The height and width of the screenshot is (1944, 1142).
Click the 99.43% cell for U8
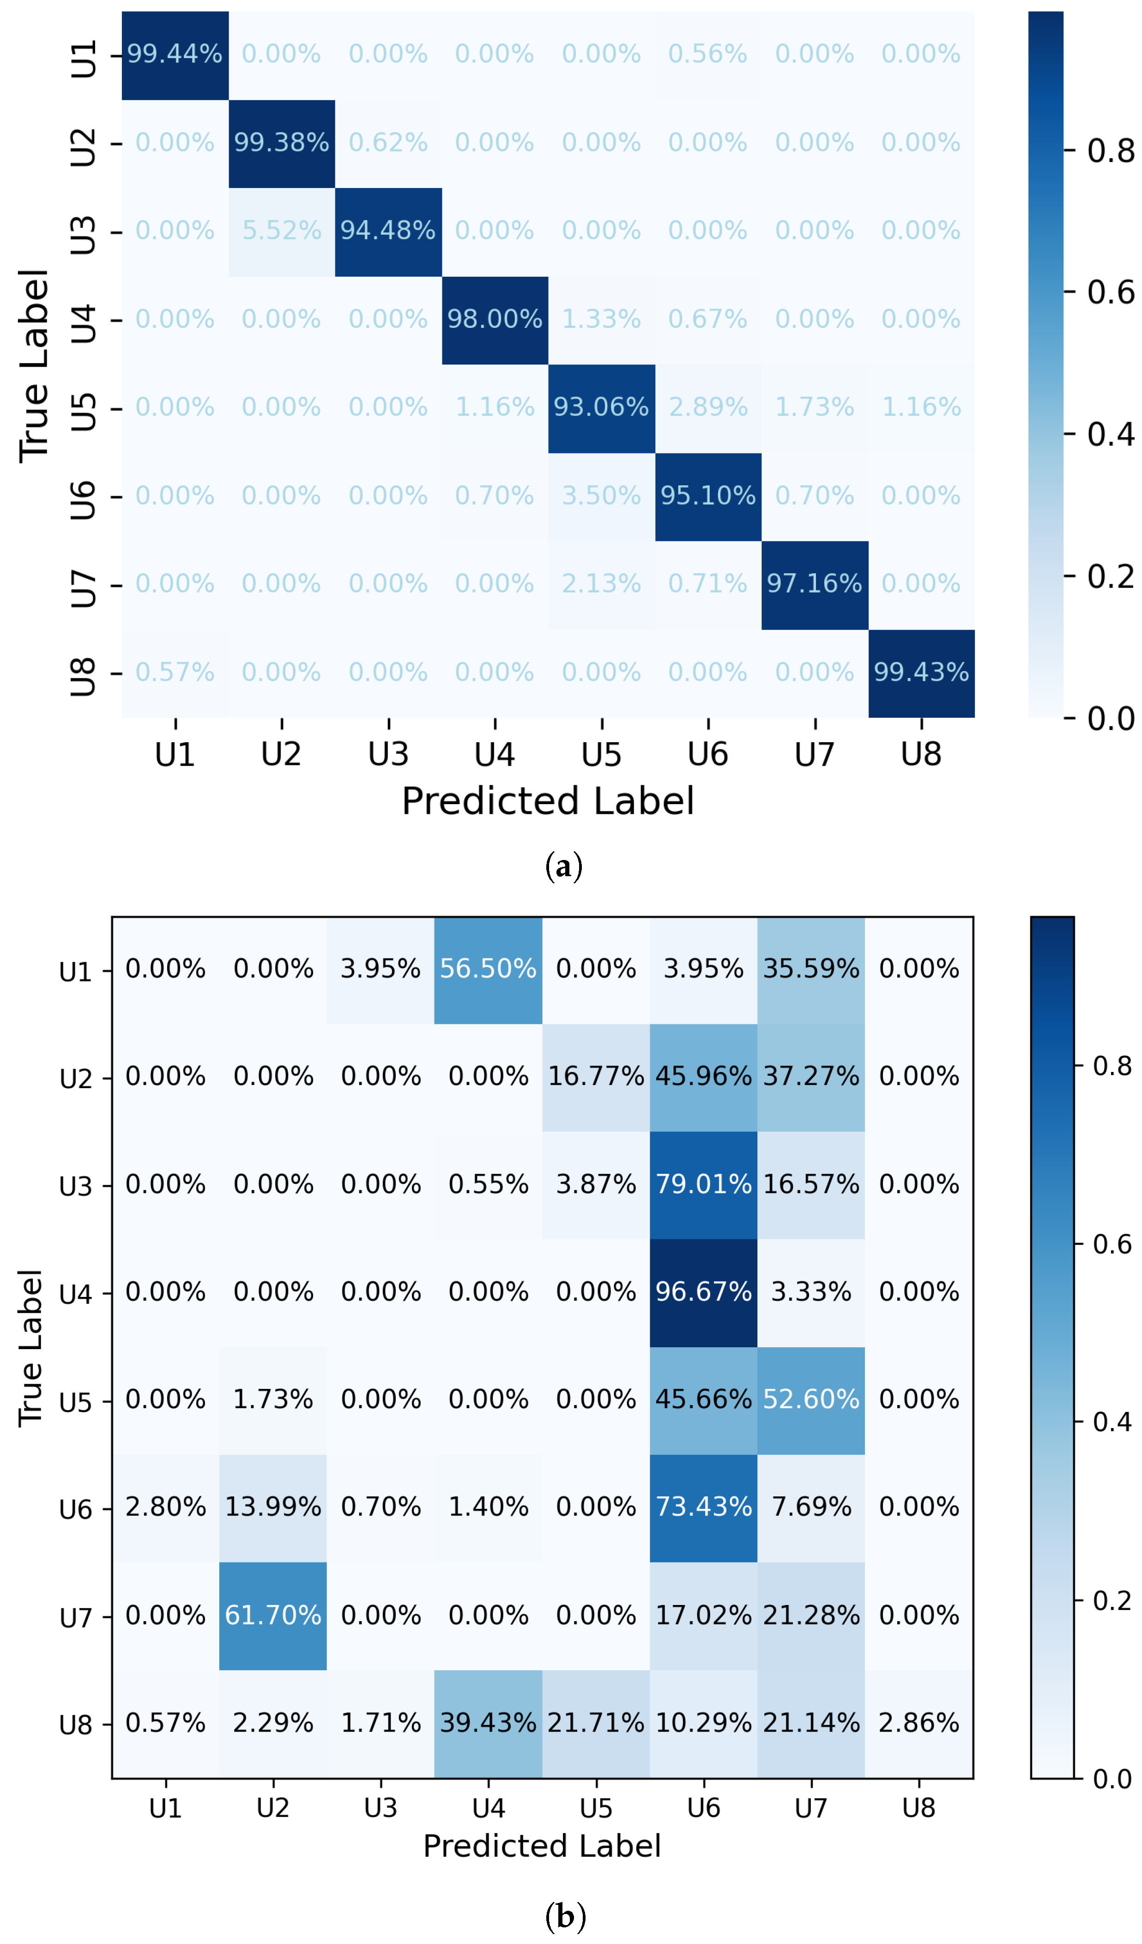[x=921, y=672]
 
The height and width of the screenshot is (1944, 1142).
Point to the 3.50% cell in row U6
[x=601, y=496]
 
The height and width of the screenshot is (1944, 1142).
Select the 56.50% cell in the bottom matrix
[x=488, y=969]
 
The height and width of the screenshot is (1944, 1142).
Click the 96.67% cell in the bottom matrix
[x=703, y=1292]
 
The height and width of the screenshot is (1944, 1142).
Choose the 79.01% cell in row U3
[x=703, y=1185]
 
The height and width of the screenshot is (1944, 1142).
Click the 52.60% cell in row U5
[x=811, y=1400]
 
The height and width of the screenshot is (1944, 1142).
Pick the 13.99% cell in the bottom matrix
[x=273, y=1508]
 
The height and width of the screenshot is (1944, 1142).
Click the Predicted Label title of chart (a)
[x=548, y=801]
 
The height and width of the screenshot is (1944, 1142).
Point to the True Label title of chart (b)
[x=31, y=1348]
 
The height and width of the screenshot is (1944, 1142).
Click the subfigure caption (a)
[x=564, y=867]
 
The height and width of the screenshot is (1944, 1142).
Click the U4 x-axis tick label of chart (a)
[x=494, y=754]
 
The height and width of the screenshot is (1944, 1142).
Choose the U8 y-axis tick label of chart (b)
[x=76, y=1725]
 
